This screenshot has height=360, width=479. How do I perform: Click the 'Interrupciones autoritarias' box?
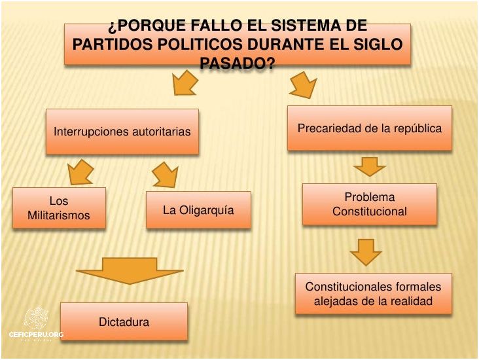(x=122, y=132)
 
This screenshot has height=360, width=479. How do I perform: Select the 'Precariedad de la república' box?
(x=370, y=128)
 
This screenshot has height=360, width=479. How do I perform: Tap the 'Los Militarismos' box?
(x=59, y=208)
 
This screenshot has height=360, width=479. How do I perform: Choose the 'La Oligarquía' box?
(x=198, y=210)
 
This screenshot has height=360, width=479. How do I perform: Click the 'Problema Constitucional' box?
(x=370, y=204)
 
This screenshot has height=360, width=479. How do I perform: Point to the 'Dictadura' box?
(x=124, y=321)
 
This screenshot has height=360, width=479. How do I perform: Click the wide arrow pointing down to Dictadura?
(x=130, y=270)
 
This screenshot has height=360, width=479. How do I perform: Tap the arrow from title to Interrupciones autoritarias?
(x=185, y=84)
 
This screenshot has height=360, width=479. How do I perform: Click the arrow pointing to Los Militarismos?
(x=81, y=172)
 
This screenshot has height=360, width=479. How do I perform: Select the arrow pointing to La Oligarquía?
(x=166, y=175)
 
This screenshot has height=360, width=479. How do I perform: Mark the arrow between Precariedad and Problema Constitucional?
(x=370, y=167)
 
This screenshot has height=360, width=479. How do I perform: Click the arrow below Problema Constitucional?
(x=366, y=251)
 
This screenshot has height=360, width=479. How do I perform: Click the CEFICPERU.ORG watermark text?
(x=36, y=334)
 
